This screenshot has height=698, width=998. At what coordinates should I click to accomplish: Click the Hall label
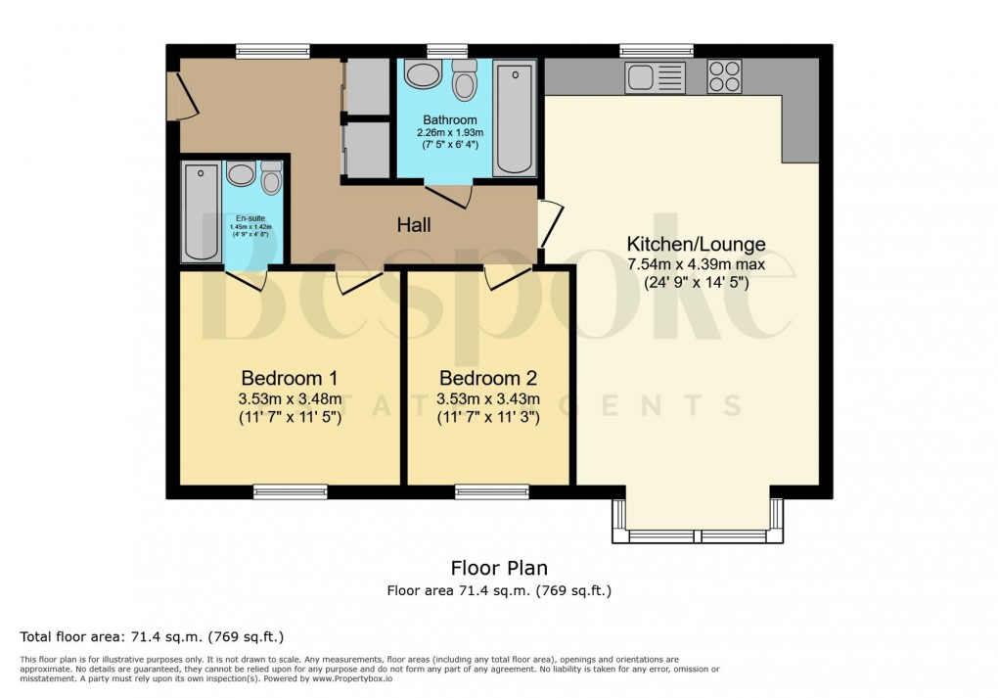[x=414, y=225]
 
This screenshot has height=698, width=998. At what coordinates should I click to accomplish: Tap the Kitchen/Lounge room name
[x=696, y=244]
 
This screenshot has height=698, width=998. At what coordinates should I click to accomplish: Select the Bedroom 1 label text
[x=290, y=378]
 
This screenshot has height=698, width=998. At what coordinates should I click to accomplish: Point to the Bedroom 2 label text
[x=488, y=378]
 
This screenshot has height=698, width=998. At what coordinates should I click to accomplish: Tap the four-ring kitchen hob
[x=724, y=76]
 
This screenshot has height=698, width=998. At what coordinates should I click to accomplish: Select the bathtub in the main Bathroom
[x=514, y=117]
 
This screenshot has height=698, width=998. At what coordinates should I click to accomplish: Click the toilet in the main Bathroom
[x=464, y=80]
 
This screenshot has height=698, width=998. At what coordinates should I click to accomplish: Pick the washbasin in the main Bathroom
[x=423, y=75]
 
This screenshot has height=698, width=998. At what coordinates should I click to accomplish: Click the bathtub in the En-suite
[x=202, y=212]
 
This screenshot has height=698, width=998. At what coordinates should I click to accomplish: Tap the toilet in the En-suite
[x=271, y=178]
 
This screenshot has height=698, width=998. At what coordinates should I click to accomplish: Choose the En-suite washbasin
[x=240, y=174]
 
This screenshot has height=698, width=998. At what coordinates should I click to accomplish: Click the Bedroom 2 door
[x=507, y=278]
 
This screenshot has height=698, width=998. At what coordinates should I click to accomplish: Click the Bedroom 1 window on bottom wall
[x=291, y=491]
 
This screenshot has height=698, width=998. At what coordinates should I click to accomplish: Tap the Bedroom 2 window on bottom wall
[x=491, y=491]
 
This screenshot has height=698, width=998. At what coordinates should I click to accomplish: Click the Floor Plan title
[x=498, y=568]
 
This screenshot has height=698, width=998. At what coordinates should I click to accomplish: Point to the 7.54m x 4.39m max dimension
[x=696, y=264]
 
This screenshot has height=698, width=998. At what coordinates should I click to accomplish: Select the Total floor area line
[x=152, y=636]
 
